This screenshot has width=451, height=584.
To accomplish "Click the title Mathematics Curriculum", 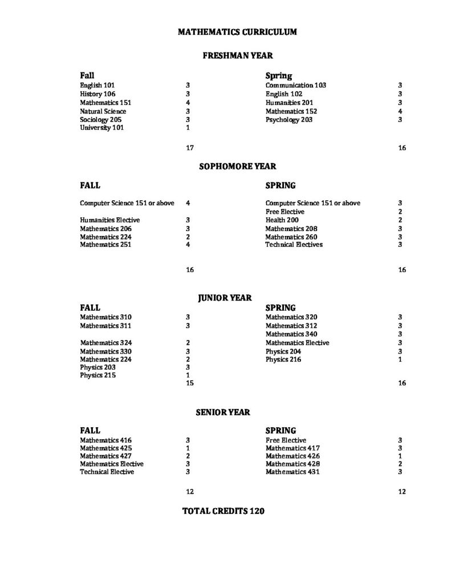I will click(237, 33).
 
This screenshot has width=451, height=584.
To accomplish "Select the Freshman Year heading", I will click(238, 56).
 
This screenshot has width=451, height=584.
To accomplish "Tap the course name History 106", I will click(97, 94).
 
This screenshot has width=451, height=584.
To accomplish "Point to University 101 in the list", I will click(102, 128).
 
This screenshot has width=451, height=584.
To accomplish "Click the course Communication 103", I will click(296, 86).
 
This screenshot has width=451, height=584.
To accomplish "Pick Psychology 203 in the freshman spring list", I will click(289, 120).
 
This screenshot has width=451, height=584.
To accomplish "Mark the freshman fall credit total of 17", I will click(190, 148).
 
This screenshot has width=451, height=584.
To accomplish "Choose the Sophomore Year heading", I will click(237, 167).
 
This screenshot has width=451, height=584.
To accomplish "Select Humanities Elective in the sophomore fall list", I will click(110, 220).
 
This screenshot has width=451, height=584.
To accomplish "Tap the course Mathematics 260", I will click(291, 237).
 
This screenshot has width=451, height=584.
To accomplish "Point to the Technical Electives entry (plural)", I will click(294, 245).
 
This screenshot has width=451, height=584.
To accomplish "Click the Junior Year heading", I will click(225, 298).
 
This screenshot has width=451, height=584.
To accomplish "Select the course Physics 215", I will click(98, 375).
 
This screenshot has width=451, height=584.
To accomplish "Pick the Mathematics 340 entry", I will click(291, 334).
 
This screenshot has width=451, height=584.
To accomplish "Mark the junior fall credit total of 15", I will click(190, 383).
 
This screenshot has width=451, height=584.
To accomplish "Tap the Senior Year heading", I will click(223, 412).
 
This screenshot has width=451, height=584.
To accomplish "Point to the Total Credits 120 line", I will click(223, 512).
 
